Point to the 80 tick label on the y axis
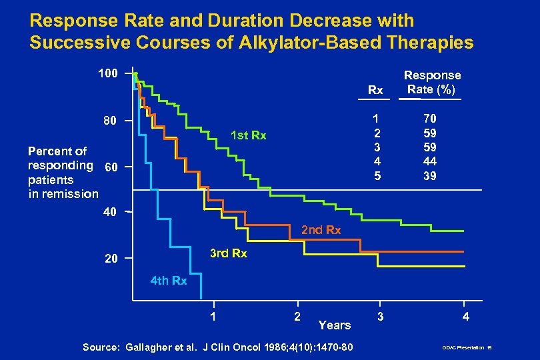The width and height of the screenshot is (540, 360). click(x=109, y=121)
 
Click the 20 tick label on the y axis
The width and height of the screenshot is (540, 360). click(x=109, y=259)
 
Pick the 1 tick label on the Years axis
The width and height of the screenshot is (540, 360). click(x=212, y=317)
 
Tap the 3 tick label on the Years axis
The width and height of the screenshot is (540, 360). click(x=380, y=317)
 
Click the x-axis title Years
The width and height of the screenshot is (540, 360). click(x=334, y=325)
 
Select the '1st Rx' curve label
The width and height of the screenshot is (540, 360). click(x=247, y=137)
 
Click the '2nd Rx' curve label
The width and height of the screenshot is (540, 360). click(x=321, y=230)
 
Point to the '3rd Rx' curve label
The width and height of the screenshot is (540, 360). click(x=228, y=254)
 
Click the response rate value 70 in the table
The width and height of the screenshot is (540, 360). click(x=429, y=117)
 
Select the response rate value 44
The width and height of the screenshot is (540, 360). click(x=429, y=161)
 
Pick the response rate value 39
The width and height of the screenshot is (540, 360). click(x=429, y=176)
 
